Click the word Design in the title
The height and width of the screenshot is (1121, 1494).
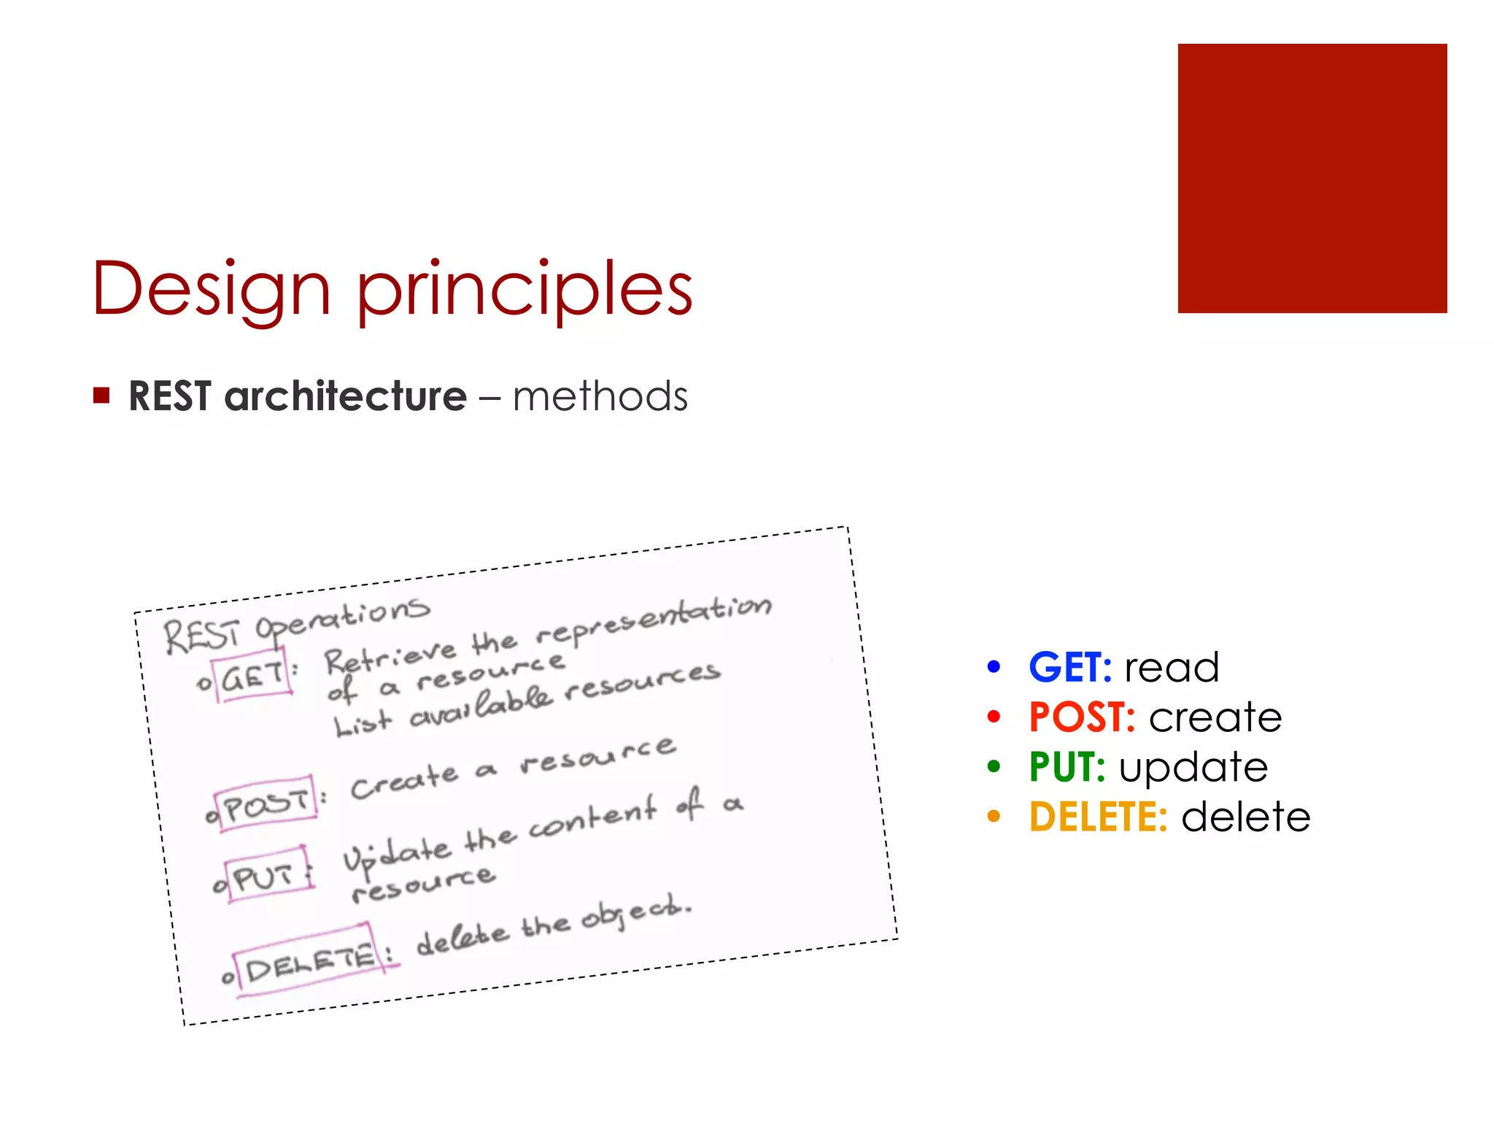pyautogui.click(x=212, y=290)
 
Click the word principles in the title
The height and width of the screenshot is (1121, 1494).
pyautogui.click(x=524, y=290)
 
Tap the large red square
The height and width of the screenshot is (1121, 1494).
pyautogui.click(x=1312, y=179)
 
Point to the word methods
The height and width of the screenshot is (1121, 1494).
pyautogui.click(x=600, y=398)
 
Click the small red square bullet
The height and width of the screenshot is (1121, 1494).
pyautogui.click(x=101, y=396)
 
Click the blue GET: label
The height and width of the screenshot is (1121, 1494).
pyautogui.click(x=1069, y=667)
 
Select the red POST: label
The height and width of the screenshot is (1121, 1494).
pyautogui.click(x=1082, y=717)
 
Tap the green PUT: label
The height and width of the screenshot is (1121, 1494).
pyautogui.click(x=1067, y=767)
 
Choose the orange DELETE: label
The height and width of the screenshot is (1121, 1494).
pyautogui.click(x=1098, y=817)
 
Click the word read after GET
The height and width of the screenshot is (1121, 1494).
pyautogui.click(x=1172, y=668)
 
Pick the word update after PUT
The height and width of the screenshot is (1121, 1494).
pyautogui.click(x=1193, y=768)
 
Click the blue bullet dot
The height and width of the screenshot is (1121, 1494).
pyautogui.click(x=994, y=667)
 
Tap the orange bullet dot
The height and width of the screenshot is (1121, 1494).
pyautogui.click(x=994, y=817)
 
